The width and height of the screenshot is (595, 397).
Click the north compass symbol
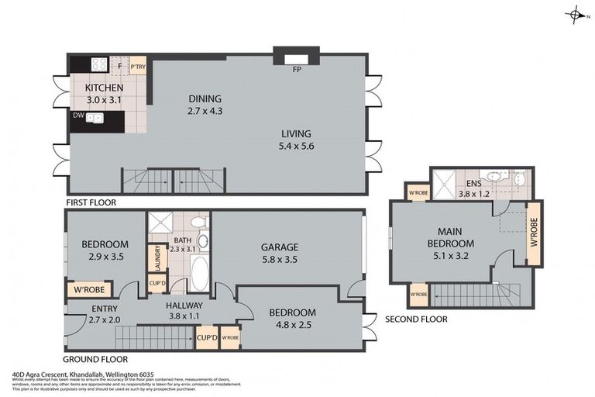575,15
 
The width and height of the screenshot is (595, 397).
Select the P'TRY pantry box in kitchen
138,67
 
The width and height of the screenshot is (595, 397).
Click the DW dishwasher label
78,116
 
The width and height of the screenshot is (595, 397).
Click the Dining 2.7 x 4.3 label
205,105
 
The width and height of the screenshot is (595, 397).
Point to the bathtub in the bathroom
199,273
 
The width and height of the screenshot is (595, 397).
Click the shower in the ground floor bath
161,223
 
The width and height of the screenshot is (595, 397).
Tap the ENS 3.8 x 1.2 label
473,188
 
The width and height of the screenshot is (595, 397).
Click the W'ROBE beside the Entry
90,291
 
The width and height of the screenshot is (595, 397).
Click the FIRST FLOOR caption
91,202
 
